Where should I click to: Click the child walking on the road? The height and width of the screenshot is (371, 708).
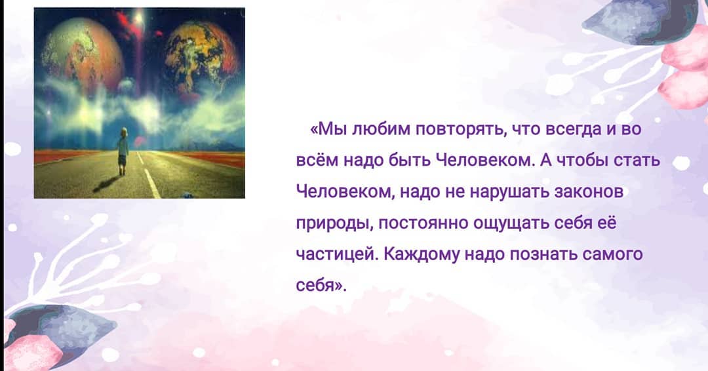click(123, 151)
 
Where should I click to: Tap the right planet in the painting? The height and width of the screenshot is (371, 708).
click(201, 59)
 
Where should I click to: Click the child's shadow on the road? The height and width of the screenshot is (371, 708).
click(106, 184)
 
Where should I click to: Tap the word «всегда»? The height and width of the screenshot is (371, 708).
click(574, 130)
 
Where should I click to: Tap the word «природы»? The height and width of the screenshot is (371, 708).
click(334, 224)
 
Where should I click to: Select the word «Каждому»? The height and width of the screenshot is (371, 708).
click(422, 255)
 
